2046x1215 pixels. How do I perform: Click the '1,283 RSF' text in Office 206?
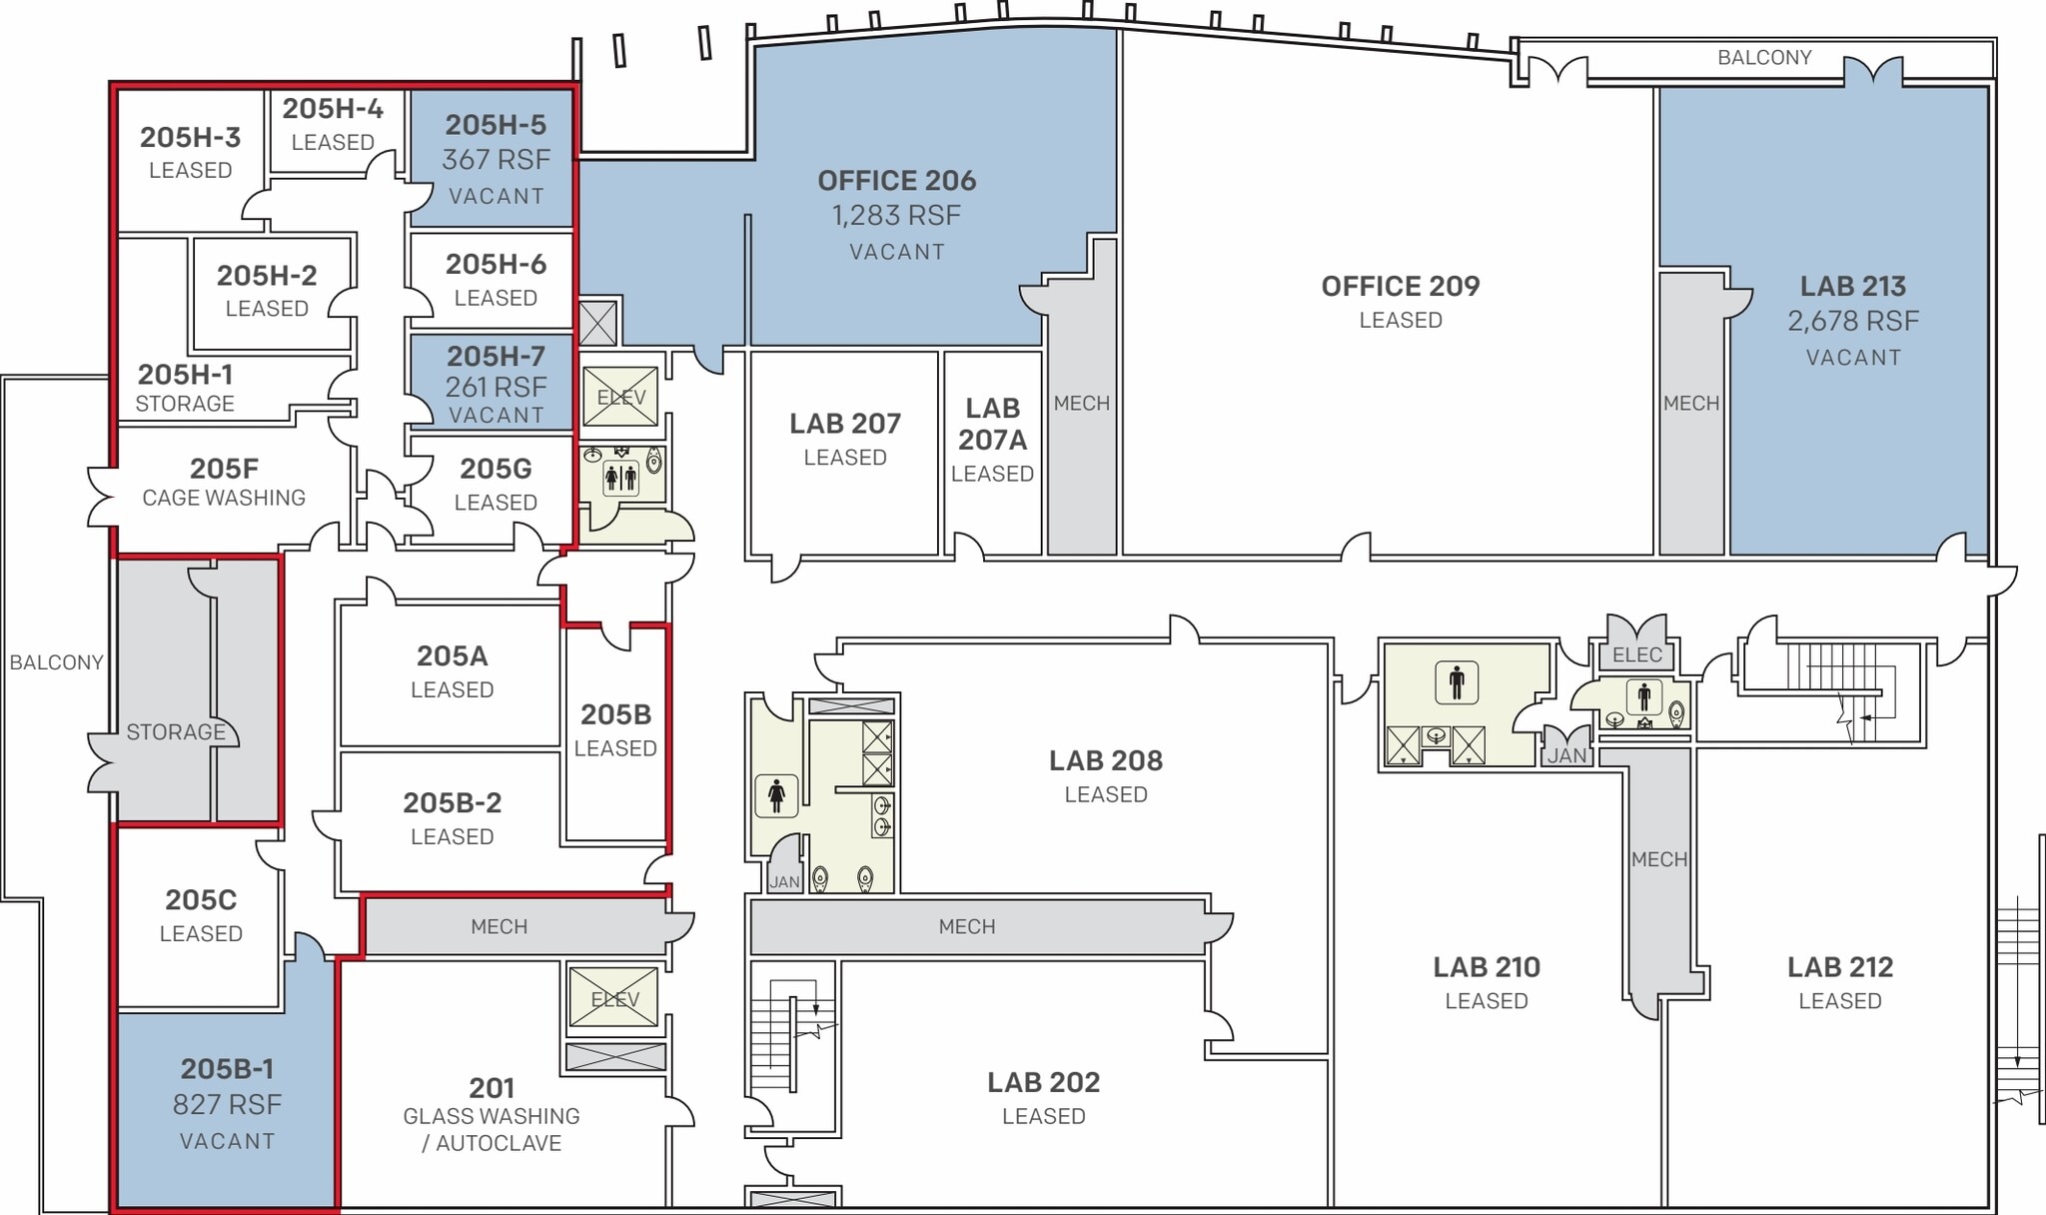896,216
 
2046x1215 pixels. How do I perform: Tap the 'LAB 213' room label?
1852,286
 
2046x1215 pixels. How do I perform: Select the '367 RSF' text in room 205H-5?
496,160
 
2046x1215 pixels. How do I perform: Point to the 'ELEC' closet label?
1636,655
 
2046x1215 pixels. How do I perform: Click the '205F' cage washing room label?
224,468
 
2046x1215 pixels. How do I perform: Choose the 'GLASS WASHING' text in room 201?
491,1116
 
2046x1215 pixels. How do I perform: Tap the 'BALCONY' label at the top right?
1763,58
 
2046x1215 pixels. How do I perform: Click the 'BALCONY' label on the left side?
56,662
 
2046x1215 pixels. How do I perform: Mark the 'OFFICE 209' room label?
1400,286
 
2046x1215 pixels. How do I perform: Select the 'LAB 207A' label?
992,424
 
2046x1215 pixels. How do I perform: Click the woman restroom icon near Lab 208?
776,795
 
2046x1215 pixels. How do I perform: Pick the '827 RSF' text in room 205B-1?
227,1104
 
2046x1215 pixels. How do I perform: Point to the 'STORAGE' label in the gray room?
176,732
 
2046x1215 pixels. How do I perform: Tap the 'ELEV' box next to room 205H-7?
620,397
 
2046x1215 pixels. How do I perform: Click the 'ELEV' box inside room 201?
613,998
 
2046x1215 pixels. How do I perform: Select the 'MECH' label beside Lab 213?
1690,404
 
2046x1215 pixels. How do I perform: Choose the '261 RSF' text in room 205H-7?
496,387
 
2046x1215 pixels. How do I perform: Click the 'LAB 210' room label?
1486,967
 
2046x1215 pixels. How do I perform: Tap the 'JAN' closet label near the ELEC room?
1565,756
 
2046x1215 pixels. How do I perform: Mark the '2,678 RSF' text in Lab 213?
1852,322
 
